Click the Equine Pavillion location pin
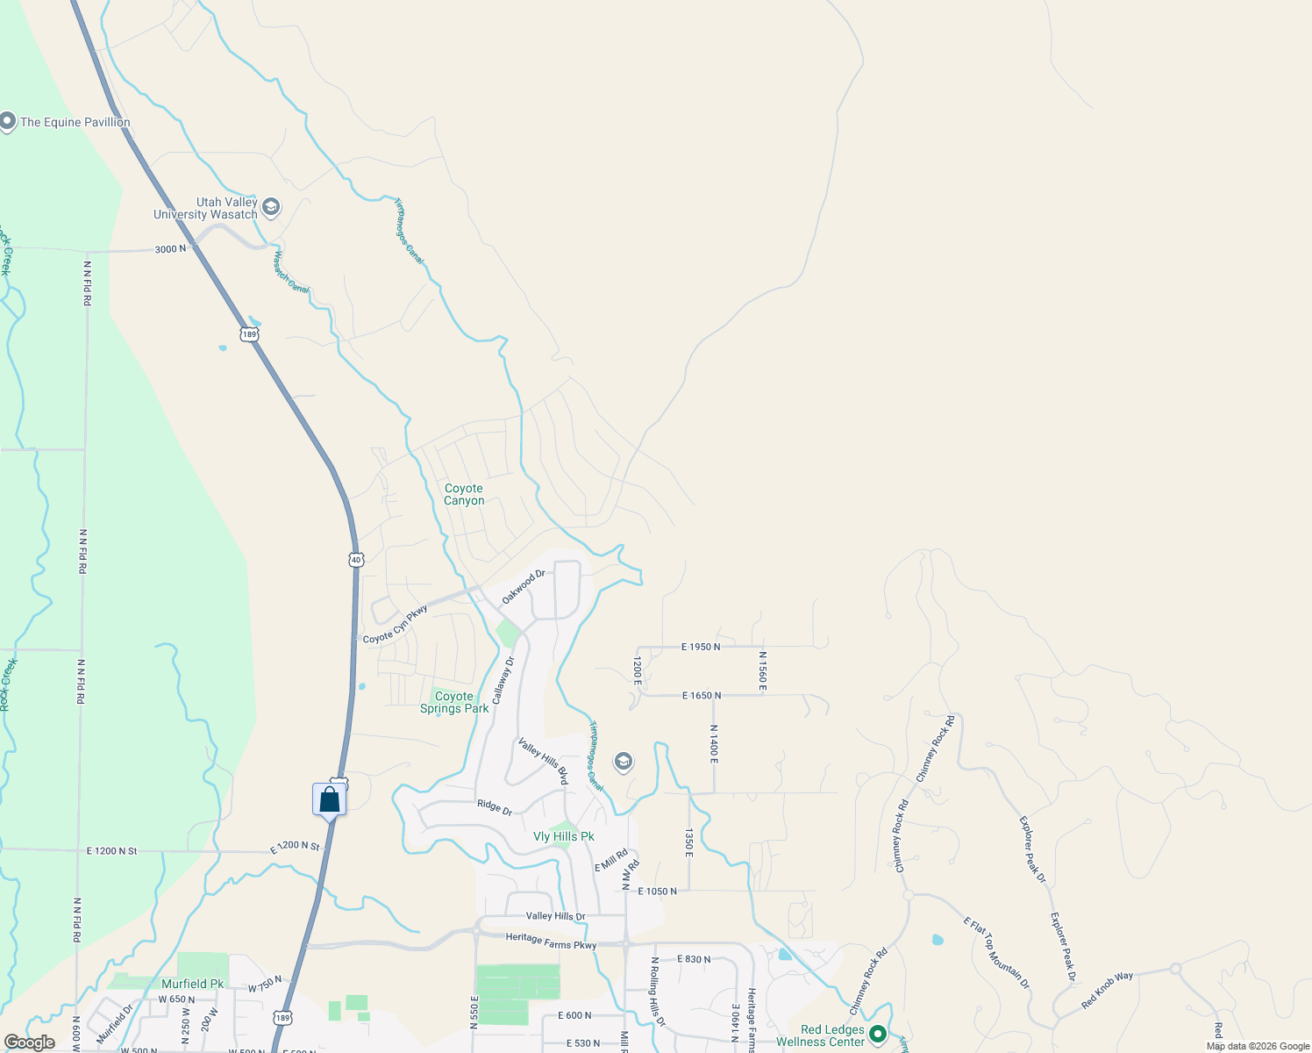(x=8, y=122)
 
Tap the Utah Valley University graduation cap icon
(x=271, y=207)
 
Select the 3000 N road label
(x=170, y=249)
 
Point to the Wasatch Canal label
(x=291, y=272)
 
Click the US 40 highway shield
(x=354, y=559)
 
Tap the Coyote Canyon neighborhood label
(x=464, y=495)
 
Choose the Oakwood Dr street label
(x=524, y=586)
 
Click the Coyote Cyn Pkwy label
(x=395, y=624)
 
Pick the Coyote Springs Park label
(x=454, y=702)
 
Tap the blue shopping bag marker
(x=329, y=799)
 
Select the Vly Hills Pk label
(x=564, y=836)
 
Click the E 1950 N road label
(x=701, y=647)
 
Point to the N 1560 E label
(x=762, y=670)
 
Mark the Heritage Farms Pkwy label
(x=551, y=941)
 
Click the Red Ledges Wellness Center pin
(x=877, y=1035)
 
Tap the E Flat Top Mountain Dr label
(x=996, y=953)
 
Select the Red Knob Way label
(x=1107, y=990)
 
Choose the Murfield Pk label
(x=193, y=984)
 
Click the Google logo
(x=29, y=1042)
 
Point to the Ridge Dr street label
(x=495, y=807)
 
